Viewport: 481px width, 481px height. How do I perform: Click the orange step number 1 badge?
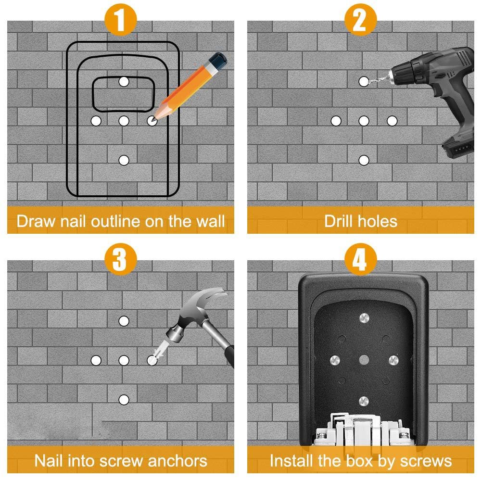120,20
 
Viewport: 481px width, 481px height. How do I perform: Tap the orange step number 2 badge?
360,20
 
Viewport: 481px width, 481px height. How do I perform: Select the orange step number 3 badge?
120,260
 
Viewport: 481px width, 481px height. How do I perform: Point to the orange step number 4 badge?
360,260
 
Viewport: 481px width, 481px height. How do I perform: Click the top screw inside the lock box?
364,319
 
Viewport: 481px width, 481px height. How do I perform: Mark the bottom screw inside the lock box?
364,400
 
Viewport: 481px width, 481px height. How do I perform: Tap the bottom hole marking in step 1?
124,160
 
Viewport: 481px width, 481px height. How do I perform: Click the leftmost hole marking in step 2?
336,121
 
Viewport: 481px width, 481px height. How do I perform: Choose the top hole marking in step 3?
124,320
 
